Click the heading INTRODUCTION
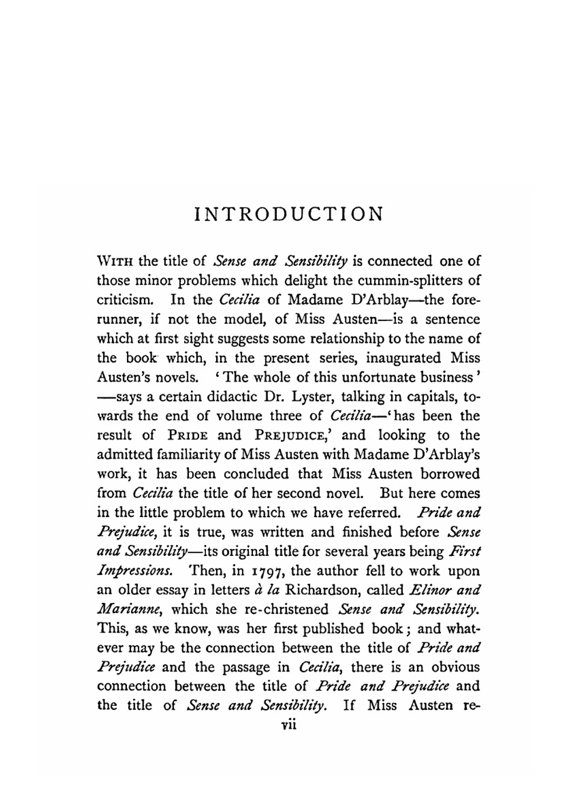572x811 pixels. pyautogui.click(x=288, y=214)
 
